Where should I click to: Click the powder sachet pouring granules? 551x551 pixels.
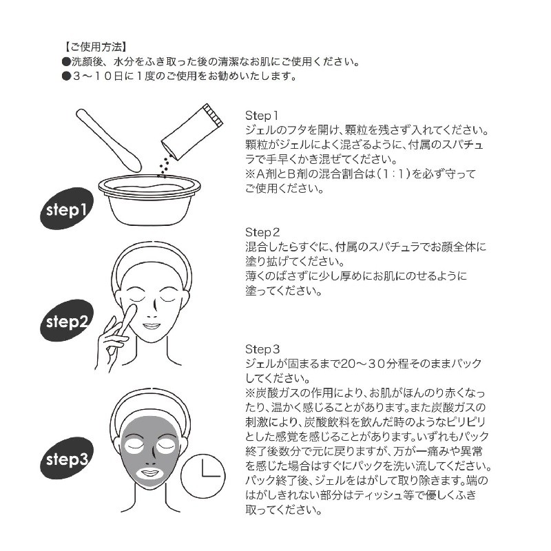[x=193, y=131]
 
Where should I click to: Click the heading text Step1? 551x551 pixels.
[x=262, y=115]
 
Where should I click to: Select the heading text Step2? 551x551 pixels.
[x=262, y=231]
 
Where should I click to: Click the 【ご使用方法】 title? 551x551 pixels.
[x=94, y=47]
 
